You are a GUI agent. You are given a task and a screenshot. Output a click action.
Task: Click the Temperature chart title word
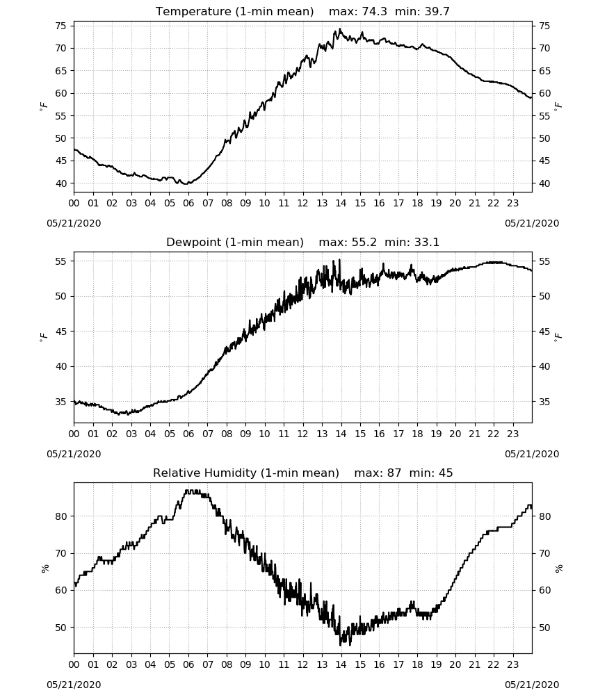click(x=193, y=12)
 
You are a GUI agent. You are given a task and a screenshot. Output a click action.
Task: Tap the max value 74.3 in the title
click(x=375, y=12)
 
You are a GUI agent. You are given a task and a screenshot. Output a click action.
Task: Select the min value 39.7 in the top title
click(x=437, y=12)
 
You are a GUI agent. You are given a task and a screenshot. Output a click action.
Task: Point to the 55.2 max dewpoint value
click(x=364, y=242)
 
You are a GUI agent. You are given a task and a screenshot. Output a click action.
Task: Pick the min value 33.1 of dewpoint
click(x=427, y=242)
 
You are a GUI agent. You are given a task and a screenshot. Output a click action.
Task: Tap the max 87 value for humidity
click(x=394, y=473)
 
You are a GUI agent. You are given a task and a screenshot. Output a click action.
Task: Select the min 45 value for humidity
click(x=446, y=473)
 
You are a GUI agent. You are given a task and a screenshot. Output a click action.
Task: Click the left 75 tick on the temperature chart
click(x=60, y=26)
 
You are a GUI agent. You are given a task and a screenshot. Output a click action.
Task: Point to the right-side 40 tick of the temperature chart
click(x=544, y=183)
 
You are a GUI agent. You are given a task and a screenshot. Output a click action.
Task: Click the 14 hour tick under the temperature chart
click(x=341, y=204)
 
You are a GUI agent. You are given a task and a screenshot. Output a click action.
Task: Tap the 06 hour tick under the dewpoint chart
click(x=188, y=434)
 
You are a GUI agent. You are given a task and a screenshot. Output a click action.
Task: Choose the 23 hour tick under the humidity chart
click(x=512, y=665)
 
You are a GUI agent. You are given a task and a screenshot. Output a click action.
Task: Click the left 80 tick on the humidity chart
click(x=60, y=516)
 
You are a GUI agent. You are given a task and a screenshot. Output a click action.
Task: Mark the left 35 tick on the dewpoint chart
click(x=60, y=402)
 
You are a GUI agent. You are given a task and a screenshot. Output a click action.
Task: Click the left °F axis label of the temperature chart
click(x=43, y=106)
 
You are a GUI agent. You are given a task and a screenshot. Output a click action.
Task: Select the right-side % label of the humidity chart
click(x=558, y=569)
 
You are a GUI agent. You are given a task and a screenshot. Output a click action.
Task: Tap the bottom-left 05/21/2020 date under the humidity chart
click(x=74, y=685)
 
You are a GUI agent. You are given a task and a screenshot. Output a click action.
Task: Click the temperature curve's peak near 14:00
click(x=340, y=28)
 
